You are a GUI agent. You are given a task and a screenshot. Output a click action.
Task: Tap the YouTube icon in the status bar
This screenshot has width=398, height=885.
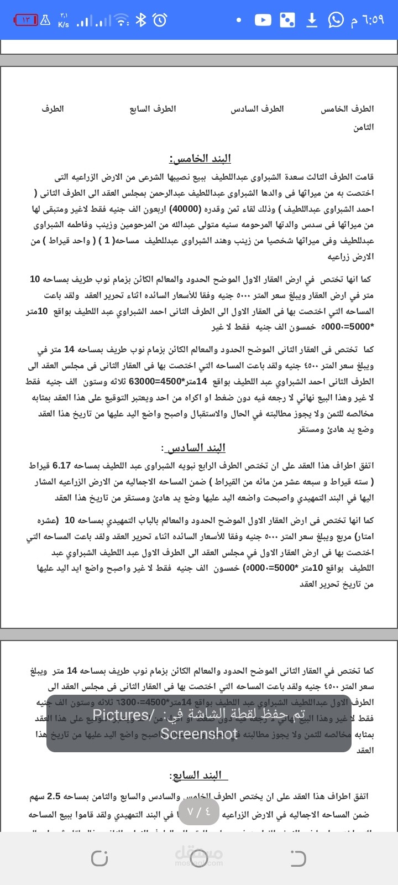coord(263,20)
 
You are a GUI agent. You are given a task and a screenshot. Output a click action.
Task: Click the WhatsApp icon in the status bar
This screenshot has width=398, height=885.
coord(336,20)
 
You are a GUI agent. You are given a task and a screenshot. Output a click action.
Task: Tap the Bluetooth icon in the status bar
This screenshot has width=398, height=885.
coord(141,20)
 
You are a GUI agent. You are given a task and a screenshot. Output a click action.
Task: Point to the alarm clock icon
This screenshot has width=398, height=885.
coord(160,20)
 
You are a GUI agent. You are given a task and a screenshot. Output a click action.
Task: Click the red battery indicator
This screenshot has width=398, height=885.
coord(25,20)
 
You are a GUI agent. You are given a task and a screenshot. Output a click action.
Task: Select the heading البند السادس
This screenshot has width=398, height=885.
coord(193,447)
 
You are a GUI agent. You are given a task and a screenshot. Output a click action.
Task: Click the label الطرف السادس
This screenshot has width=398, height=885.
coord(258,109)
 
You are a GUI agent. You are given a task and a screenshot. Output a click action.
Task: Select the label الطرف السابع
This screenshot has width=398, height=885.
coord(153,109)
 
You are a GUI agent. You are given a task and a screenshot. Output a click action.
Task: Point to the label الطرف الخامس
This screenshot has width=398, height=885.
coord(347,109)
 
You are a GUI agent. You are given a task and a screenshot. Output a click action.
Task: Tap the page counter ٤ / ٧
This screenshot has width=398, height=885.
coord(199,811)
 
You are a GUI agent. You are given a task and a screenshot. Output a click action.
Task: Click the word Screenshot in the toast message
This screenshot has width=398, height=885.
coord(199,733)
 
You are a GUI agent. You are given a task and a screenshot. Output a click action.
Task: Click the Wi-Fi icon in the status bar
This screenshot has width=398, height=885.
coord(121,20)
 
